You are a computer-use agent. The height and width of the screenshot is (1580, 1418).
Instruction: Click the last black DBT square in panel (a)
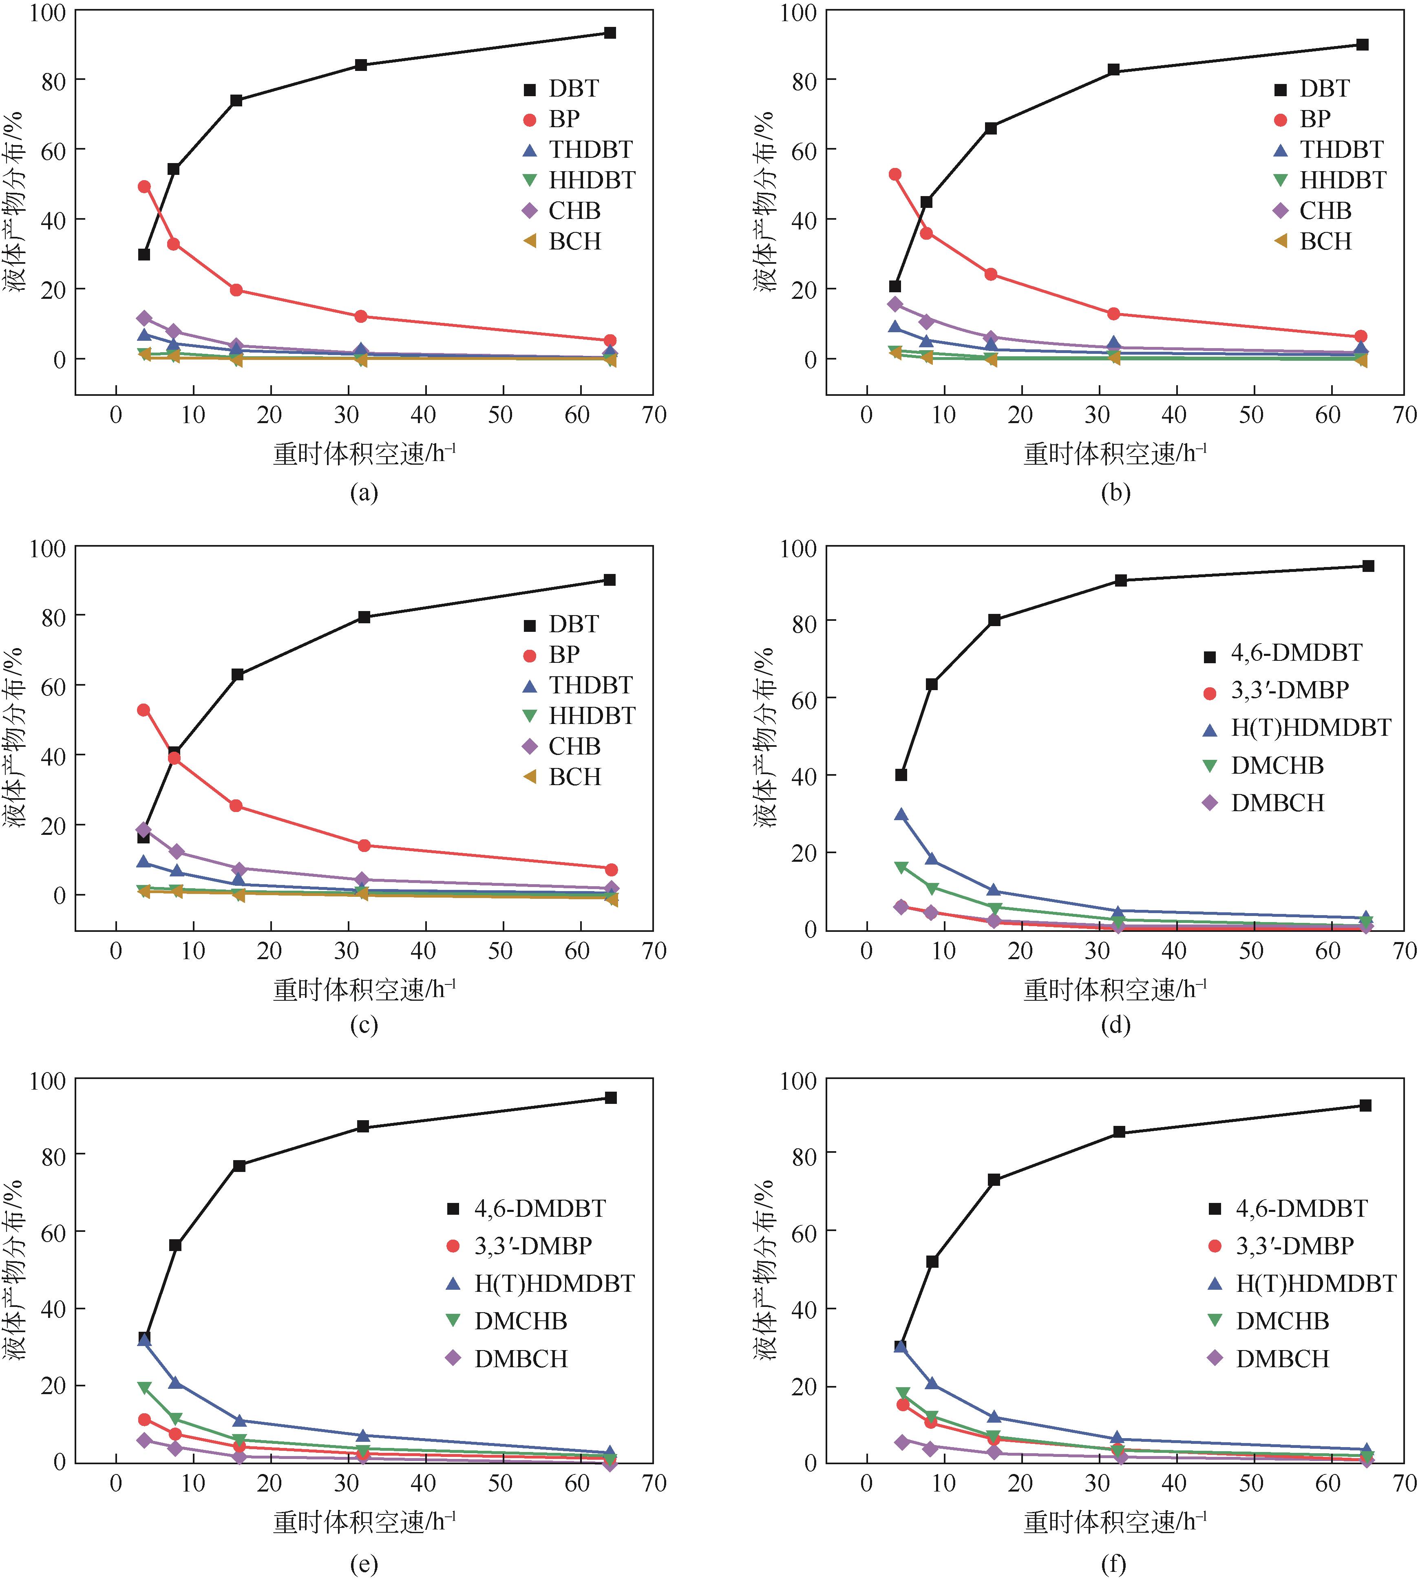(x=610, y=33)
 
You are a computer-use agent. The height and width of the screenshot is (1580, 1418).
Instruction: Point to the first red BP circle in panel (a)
(x=144, y=187)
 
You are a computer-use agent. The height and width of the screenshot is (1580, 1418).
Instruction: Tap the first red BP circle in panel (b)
(x=895, y=174)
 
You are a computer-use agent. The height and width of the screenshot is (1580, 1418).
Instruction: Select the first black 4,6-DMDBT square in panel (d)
(x=901, y=775)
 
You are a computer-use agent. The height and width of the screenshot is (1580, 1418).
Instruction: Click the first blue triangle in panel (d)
(x=901, y=815)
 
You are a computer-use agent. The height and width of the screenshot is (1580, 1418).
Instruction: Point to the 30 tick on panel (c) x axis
(x=347, y=951)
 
